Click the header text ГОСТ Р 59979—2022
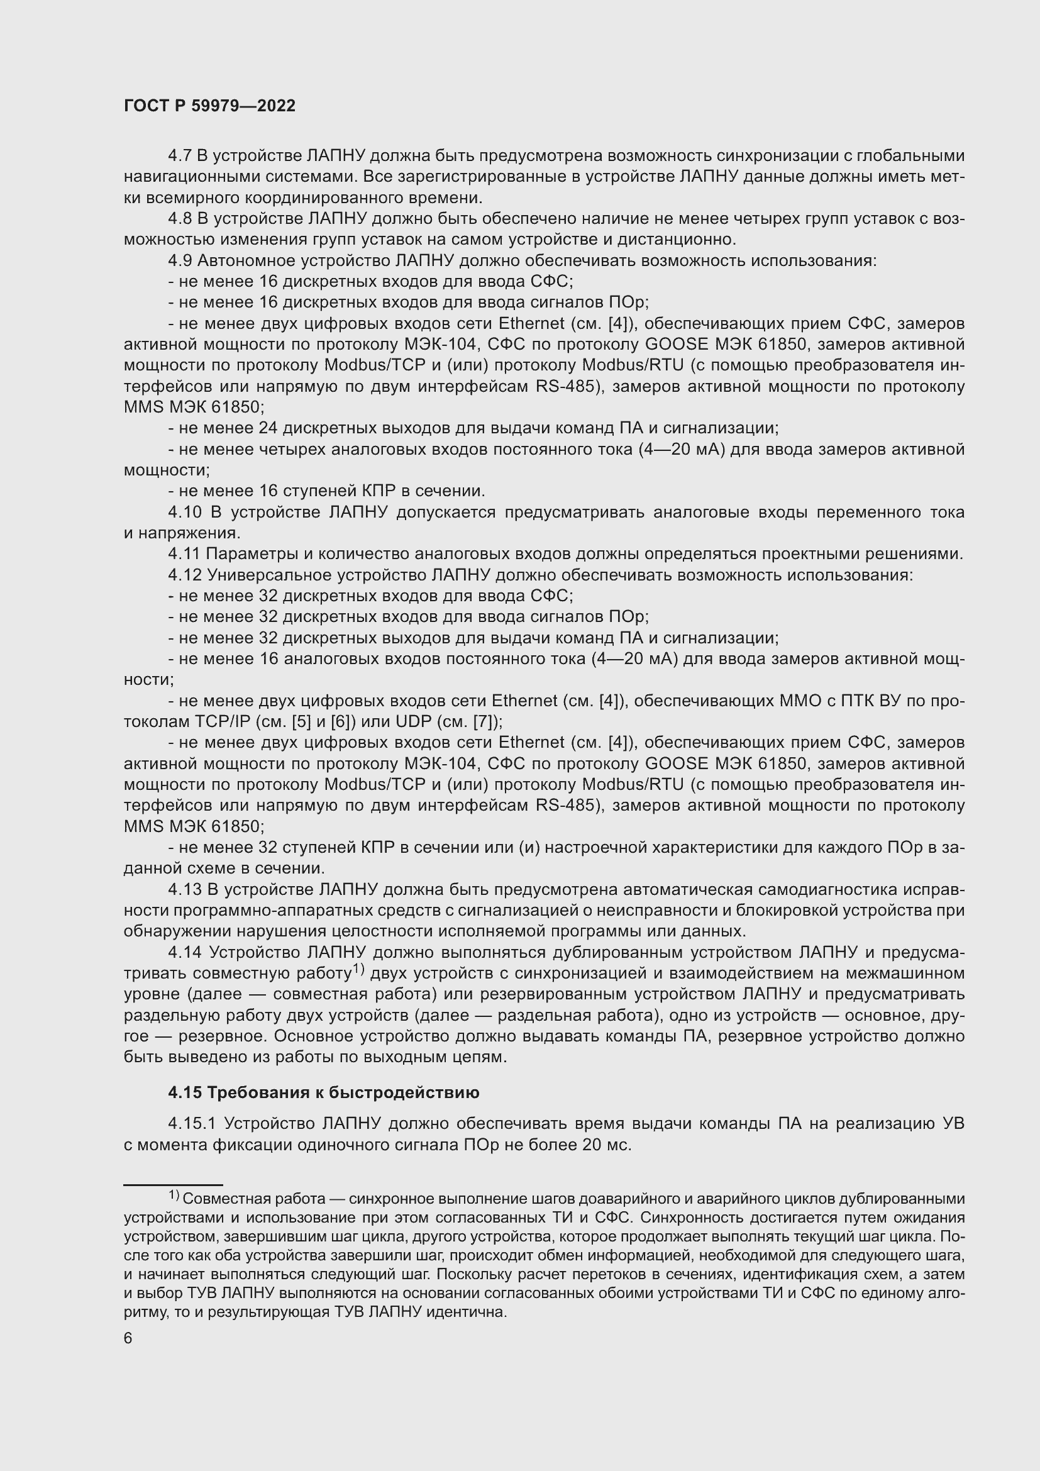coord(209,106)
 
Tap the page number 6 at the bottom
coord(128,1338)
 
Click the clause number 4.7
coord(179,156)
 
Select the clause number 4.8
coord(179,218)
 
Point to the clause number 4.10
coord(185,512)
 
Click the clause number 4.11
coord(184,553)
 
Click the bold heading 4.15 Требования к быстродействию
coord(323,1092)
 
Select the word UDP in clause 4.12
coord(413,721)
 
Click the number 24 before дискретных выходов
coord(268,428)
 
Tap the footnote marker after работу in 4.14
coord(358,969)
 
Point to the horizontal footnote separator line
coord(173,1185)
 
